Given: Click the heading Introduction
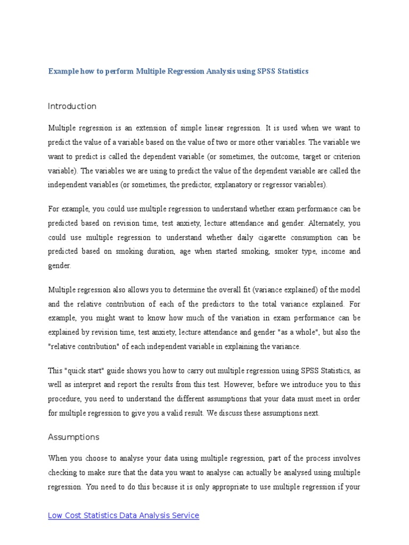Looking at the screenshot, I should pyautogui.click(x=72, y=106).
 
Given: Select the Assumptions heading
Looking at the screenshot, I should pyautogui.click(x=73, y=437).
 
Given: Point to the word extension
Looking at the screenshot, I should pyautogui.click(x=151, y=128).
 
